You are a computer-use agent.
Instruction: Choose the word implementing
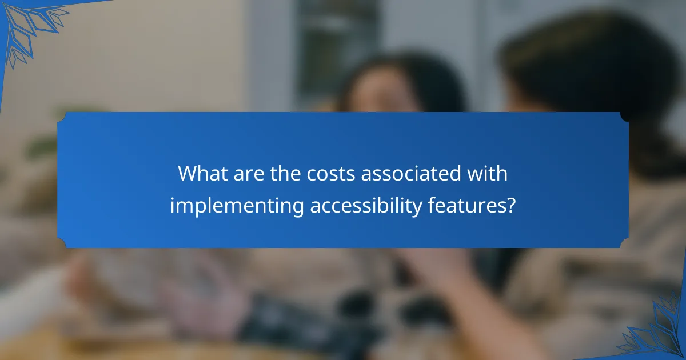(x=237, y=206)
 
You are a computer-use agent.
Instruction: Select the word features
(x=467, y=206)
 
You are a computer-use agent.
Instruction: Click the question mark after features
(x=510, y=206)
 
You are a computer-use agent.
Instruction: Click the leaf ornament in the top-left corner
(x=26, y=26)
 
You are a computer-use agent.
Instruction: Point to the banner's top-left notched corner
(x=62, y=117)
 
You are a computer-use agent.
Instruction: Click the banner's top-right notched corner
(x=624, y=117)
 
